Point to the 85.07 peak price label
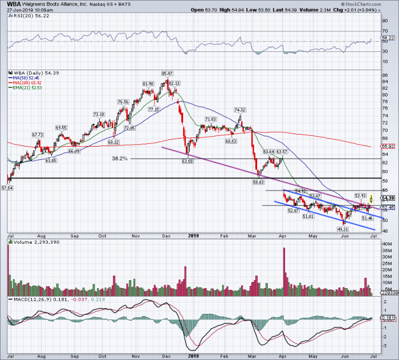point(167,73)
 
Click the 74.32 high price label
point(239,110)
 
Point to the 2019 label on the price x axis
point(193,234)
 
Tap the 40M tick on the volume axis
point(385,245)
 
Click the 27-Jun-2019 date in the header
point(18,10)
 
